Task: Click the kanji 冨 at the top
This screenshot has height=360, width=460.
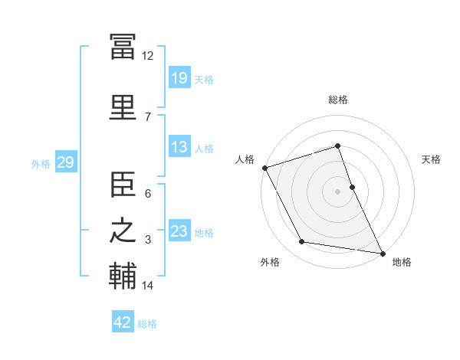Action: coord(123,47)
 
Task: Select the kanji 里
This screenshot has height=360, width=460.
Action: coord(123,107)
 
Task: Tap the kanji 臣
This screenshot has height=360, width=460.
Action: coord(123,184)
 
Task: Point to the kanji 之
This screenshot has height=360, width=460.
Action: coord(123,231)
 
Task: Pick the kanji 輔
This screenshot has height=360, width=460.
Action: coord(123,276)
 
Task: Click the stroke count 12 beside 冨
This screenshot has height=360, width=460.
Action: coord(147,56)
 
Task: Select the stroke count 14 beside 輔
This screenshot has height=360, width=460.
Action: coord(147,285)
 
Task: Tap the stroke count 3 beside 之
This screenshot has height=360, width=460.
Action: coord(148,240)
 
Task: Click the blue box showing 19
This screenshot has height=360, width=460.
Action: coord(180,77)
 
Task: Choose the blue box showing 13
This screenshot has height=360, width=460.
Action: coord(180,146)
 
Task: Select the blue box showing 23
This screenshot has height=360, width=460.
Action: coord(180,230)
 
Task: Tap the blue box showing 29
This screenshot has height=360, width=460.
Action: coord(66,162)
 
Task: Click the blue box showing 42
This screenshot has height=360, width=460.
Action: coord(123,321)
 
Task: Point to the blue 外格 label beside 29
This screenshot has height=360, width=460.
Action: coord(41,164)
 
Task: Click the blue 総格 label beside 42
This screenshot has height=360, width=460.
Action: coord(147,324)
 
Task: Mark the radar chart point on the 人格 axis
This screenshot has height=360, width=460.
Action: coord(265,168)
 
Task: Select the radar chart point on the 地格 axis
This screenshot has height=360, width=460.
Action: coord(383,254)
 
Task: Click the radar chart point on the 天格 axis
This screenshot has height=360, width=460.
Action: coord(353,187)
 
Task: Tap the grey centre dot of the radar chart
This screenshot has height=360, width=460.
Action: coord(337,191)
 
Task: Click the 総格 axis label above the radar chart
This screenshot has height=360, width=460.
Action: coord(338,100)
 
